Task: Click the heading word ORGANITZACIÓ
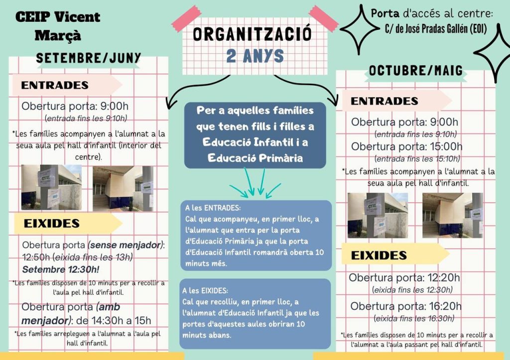(x=252, y=34)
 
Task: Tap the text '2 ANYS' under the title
(x=255, y=56)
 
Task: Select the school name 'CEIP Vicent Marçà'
(x=58, y=26)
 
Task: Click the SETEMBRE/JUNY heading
(x=89, y=58)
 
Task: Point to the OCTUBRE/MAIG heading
(x=416, y=71)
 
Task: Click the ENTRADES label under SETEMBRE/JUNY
(x=55, y=85)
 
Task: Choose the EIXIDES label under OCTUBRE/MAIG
(x=379, y=255)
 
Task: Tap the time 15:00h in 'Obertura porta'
(x=442, y=146)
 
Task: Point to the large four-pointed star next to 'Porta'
(x=359, y=29)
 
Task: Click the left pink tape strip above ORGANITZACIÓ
(x=186, y=18)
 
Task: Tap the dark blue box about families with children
(x=255, y=134)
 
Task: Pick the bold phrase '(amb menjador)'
(x=70, y=313)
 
